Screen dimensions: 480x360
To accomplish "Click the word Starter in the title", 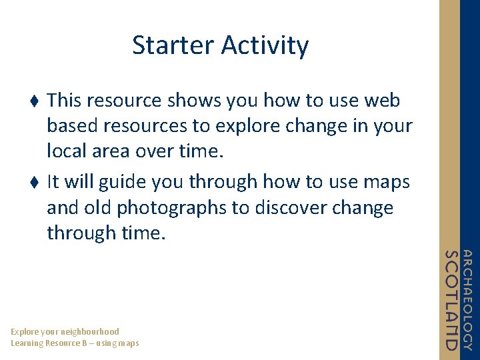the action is [x=173, y=45].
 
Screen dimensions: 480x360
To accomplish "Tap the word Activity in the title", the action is [x=265, y=46].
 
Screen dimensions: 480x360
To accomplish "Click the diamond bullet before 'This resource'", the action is [x=34, y=101].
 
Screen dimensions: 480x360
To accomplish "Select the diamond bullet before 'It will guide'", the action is [x=34, y=182].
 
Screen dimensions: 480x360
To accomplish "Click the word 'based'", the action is [x=72, y=125].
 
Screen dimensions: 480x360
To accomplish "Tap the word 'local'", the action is [x=67, y=150].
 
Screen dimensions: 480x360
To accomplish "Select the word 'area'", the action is [x=111, y=152].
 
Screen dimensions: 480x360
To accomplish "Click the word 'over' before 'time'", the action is [x=154, y=152].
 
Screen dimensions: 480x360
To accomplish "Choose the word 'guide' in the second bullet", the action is [x=122, y=182].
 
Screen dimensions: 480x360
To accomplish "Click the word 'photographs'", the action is [x=171, y=208].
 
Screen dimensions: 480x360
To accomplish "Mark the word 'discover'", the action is [x=291, y=207].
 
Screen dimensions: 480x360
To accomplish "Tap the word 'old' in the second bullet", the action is [x=97, y=207].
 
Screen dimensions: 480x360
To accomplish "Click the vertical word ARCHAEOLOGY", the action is [x=467, y=300].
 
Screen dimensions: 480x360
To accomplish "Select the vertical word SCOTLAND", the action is [x=451, y=300].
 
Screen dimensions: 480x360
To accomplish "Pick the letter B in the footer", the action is [x=85, y=343].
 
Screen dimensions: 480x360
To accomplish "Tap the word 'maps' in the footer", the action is [x=129, y=344].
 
